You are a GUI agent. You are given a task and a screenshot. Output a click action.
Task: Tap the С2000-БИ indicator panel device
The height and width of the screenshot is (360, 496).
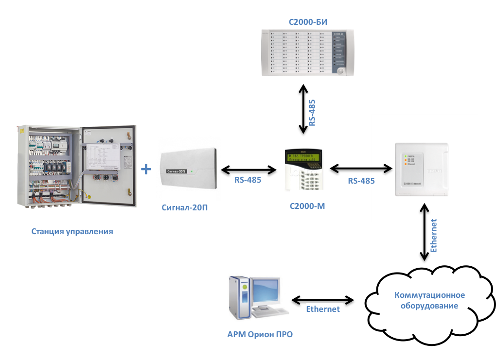pyautogui.click(x=307, y=52)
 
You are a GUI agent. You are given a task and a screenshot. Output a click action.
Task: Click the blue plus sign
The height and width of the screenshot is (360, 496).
pyautogui.click(x=146, y=170)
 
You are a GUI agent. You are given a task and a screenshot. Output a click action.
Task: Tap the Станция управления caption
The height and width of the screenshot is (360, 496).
pyautogui.click(x=72, y=232)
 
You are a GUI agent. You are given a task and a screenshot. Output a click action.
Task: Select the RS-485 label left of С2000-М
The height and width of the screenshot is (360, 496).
pyautogui.click(x=248, y=180)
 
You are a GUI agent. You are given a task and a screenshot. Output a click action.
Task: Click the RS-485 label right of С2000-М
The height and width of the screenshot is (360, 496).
pyautogui.click(x=361, y=181)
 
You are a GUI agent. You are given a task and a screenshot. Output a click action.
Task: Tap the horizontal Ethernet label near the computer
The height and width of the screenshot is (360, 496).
pyautogui.click(x=323, y=309)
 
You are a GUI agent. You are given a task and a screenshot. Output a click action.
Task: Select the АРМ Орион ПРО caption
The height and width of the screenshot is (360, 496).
pyautogui.click(x=260, y=334)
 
